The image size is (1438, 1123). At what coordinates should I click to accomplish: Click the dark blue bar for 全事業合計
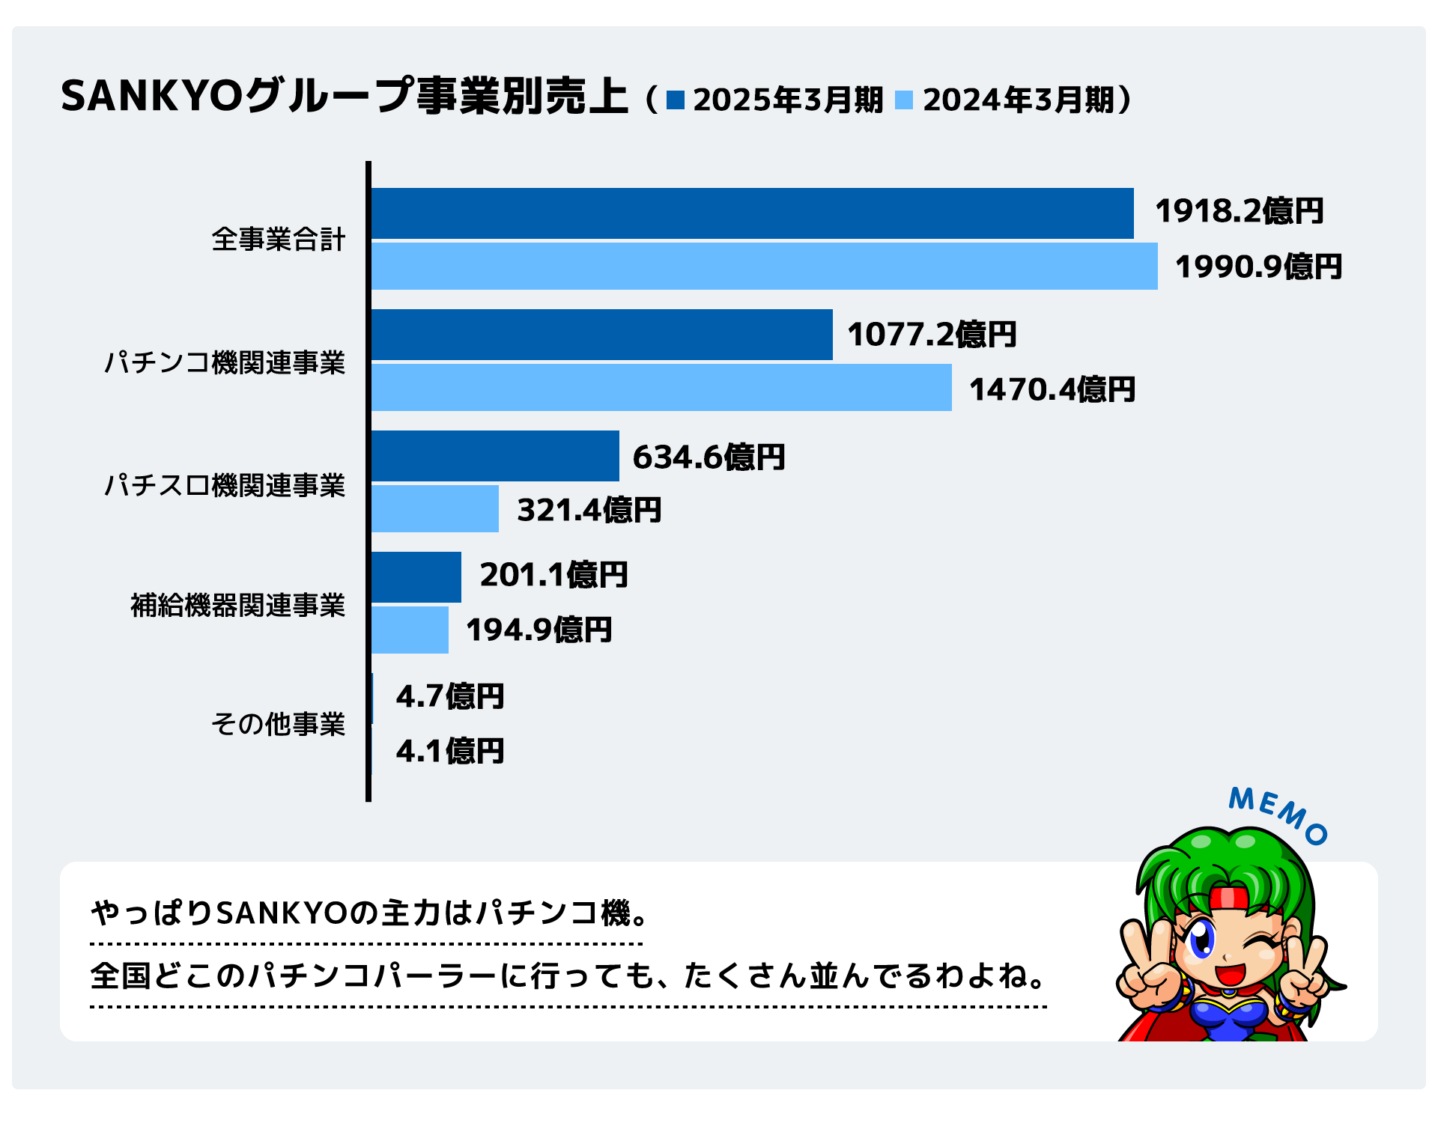(x=752, y=213)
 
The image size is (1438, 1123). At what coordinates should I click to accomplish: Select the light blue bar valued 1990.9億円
(x=764, y=267)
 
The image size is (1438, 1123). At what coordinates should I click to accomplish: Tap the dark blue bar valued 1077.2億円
(x=601, y=335)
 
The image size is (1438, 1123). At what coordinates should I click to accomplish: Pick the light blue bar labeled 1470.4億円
(x=661, y=388)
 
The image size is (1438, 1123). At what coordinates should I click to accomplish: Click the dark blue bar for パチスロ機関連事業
(x=495, y=456)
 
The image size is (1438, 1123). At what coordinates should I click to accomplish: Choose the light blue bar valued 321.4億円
(x=435, y=509)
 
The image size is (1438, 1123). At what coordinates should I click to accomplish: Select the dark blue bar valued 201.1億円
(x=416, y=577)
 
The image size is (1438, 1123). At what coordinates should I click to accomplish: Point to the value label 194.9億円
(x=539, y=630)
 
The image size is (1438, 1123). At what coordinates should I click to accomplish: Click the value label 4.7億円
(x=449, y=696)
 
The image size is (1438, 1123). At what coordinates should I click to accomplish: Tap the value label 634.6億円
(x=709, y=457)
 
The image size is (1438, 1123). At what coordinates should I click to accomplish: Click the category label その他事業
(x=278, y=724)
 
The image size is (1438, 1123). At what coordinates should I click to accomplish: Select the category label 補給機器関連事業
(x=238, y=605)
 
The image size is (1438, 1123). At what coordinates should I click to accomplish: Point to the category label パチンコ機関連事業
(x=225, y=362)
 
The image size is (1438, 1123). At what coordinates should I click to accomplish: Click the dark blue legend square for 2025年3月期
(x=676, y=100)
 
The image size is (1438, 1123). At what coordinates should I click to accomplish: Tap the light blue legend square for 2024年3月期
(x=904, y=100)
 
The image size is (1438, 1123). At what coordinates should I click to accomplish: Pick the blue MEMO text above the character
(x=1278, y=815)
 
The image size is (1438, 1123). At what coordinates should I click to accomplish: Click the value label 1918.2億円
(x=1239, y=211)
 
